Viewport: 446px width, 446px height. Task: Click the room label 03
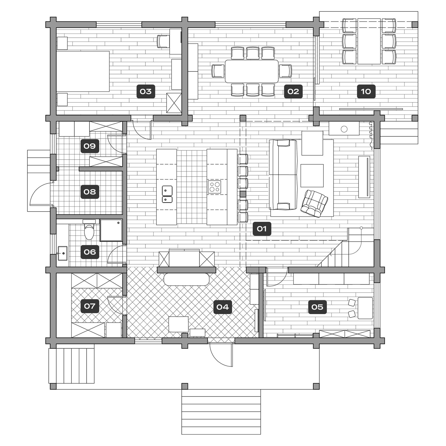(x=146, y=92)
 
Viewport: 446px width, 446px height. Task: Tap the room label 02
(x=293, y=92)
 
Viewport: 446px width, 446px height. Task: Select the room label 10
(x=366, y=92)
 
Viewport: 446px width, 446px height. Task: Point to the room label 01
(x=262, y=229)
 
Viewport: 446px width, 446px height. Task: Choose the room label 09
(x=90, y=146)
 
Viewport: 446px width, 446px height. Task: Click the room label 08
(x=90, y=192)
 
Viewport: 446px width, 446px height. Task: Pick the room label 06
(x=90, y=252)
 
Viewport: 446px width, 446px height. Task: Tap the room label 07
(x=90, y=306)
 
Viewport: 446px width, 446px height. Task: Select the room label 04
(x=222, y=307)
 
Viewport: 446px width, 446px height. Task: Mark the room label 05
(x=318, y=307)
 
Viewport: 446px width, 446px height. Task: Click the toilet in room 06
(x=89, y=230)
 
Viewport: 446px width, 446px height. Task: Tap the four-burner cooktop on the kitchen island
(x=214, y=186)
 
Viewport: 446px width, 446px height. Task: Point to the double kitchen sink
(x=167, y=194)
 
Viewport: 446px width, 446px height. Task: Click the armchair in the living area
(x=314, y=203)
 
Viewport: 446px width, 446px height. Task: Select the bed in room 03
(x=83, y=71)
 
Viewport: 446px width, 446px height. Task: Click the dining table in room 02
(x=252, y=71)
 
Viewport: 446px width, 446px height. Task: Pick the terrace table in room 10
(x=369, y=41)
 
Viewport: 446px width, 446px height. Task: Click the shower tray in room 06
(x=111, y=230)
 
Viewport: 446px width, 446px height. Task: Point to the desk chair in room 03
(x=163, y=42)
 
